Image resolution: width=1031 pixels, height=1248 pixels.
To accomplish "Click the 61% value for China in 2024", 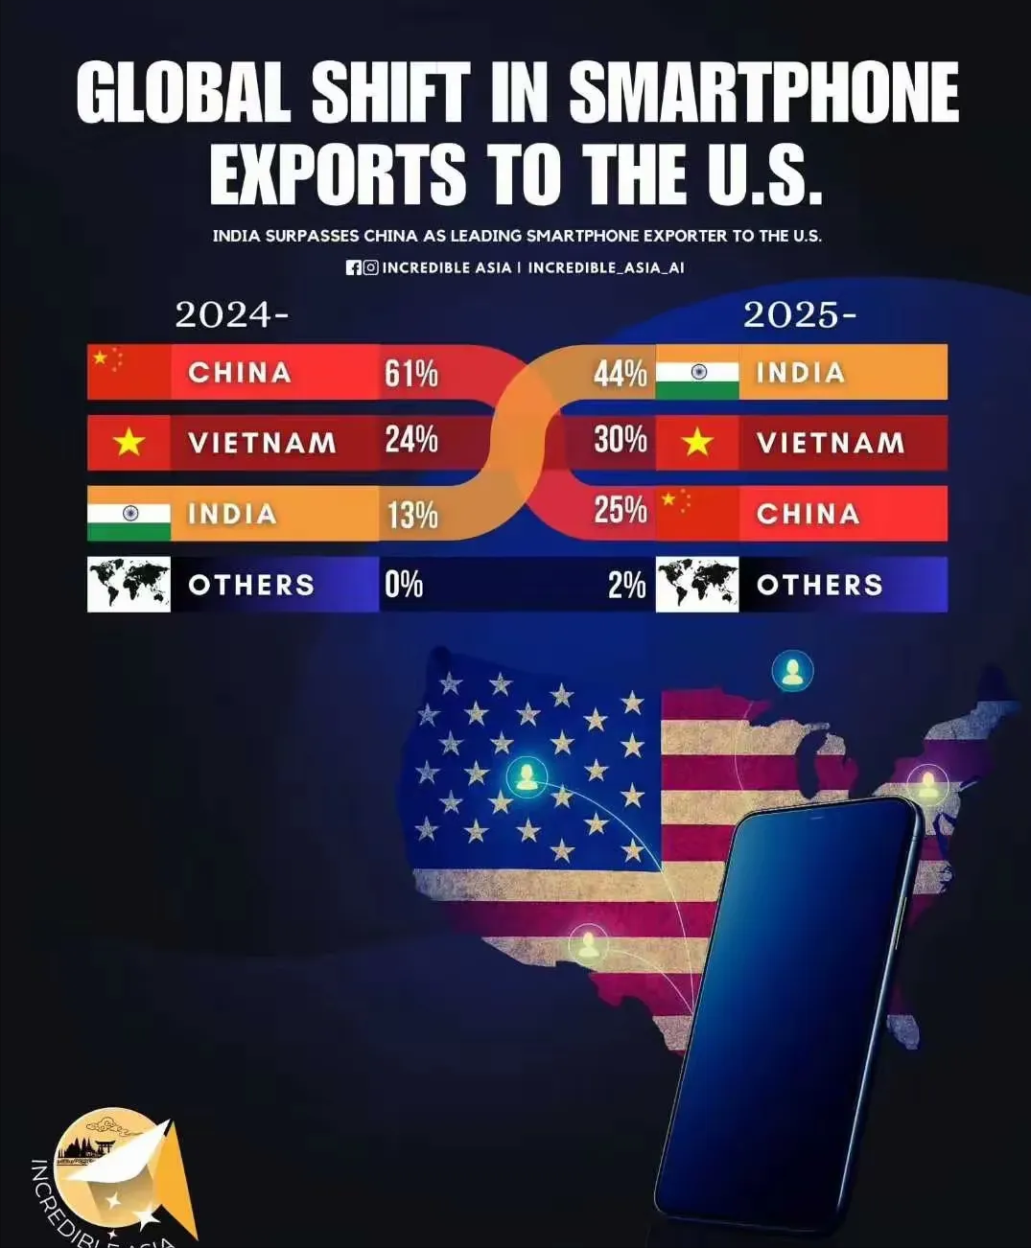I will (x=411, y=373).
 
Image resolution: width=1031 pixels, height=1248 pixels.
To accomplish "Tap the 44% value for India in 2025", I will (x=620, y=373).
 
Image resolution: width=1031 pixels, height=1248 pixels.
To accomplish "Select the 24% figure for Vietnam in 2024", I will (x=411, y=440).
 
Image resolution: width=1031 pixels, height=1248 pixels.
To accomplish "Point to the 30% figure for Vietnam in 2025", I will (x=620, y=440).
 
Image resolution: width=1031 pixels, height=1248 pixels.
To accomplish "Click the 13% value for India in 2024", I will (x=412, y=515).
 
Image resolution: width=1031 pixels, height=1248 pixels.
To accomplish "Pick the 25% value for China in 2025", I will (x=620, y=511).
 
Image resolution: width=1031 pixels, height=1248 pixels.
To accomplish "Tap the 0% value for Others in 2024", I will (x=404, y=584).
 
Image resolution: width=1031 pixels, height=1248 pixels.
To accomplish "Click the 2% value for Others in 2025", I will (x=626, y=585).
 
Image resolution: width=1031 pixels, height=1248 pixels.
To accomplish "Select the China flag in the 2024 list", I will (x=129, y=372).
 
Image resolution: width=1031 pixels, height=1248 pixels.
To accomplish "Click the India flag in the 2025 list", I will (x=697, y=372).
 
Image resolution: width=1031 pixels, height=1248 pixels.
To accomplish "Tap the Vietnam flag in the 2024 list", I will (x=129, y=442).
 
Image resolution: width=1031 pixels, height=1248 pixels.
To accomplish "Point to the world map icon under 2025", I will (x=697, y=584).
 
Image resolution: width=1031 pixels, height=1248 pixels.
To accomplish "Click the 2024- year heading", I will (x=231, y=314).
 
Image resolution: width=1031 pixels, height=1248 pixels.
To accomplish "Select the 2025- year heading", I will (x=800, y=314).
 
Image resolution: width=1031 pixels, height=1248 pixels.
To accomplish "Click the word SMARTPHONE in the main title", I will (x=763, y=94).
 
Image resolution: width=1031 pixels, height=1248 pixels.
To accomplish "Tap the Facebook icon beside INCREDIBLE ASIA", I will (x=354, y=267).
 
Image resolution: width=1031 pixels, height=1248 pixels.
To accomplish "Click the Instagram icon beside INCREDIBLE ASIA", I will (x=370, y=267).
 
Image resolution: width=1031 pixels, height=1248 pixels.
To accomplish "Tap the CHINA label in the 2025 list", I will (x=808, y=514).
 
